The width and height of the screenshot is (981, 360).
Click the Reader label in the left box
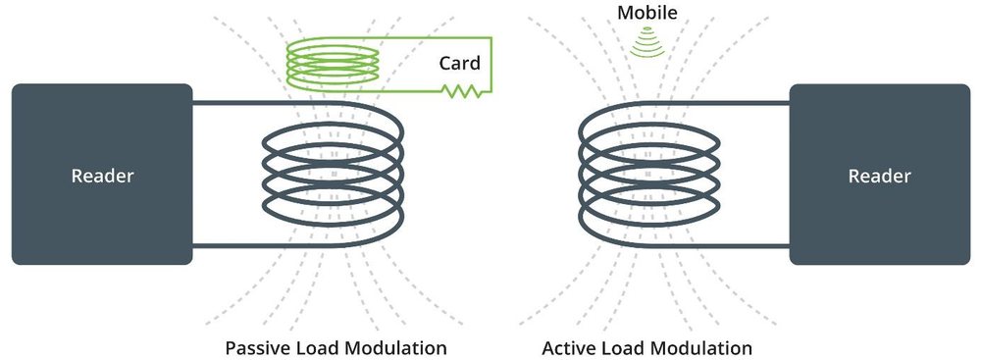(103, 176)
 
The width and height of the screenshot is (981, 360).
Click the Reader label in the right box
(879, 176)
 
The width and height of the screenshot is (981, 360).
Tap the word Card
(459, 63)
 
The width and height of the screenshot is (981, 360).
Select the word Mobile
(646, 13)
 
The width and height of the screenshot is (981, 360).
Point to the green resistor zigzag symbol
(462, 91)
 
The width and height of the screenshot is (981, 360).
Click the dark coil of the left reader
(402, 176)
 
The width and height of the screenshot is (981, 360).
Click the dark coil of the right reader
(581, 176)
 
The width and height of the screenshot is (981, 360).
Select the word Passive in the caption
(255, 347)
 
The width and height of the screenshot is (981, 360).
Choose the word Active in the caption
(567, 347)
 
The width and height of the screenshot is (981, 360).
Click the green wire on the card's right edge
(491, 65)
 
